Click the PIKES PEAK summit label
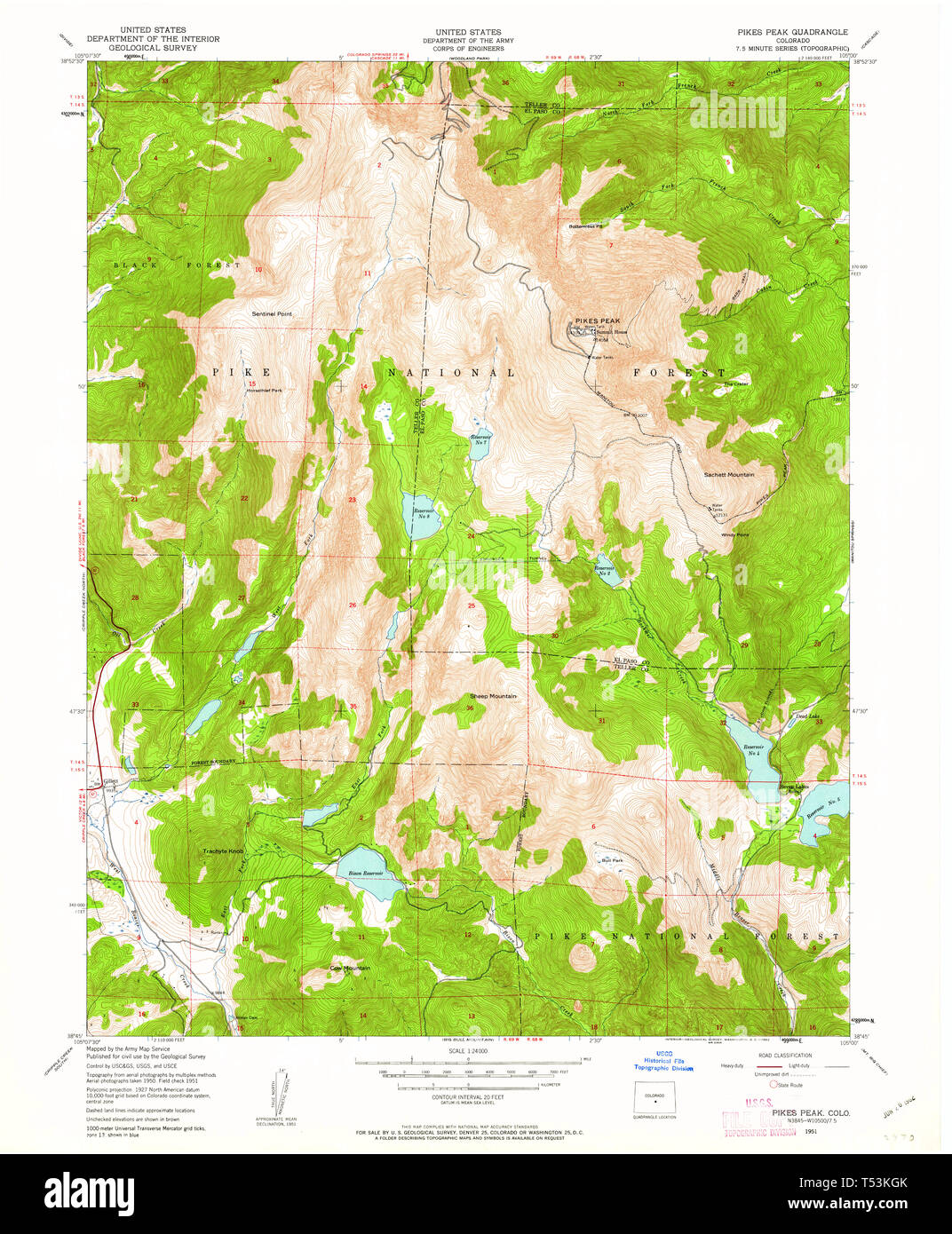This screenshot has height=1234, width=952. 597,320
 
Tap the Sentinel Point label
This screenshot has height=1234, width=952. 272,314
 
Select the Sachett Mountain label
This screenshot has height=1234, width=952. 729,475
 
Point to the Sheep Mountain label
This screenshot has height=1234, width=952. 493,696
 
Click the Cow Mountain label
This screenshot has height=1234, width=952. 350,968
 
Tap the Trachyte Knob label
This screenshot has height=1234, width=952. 223,851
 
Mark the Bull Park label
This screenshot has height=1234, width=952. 612,860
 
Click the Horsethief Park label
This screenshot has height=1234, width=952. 265,391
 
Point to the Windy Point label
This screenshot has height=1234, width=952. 734,535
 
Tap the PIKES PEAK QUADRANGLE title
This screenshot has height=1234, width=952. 792,32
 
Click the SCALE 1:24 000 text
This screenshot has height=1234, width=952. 468,1053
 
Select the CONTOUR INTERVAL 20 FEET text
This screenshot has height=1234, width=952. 468,1097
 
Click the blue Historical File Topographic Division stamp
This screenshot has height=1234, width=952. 663,1063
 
